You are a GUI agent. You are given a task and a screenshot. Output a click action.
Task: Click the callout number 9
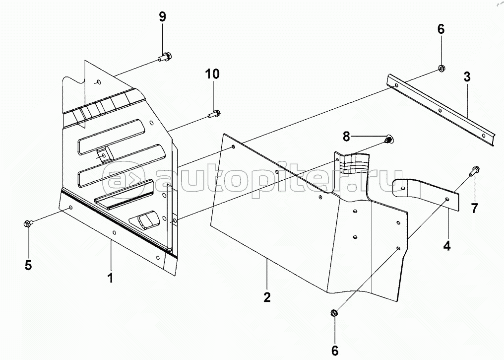pos(163,16)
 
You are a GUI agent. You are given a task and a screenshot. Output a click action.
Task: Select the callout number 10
pos(212,74)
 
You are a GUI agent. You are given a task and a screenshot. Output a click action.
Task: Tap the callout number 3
pos(467,77)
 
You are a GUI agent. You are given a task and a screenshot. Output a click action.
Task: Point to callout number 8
pos(346,137)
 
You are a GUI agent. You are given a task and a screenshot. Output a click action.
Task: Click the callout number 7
pos(474,208)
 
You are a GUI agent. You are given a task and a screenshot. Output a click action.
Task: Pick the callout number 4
pos(447,246)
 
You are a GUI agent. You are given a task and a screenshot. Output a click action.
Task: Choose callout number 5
pos(28,265)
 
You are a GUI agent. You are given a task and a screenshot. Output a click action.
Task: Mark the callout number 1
pos(110,278)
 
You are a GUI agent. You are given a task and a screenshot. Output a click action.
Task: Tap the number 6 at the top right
pos(441,29)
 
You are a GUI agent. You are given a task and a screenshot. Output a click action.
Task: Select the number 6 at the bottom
pos(335,350)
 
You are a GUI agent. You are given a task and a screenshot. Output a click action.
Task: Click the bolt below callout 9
pos(165,57)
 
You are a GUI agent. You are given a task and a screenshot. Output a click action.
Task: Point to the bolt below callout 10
pos(214,114)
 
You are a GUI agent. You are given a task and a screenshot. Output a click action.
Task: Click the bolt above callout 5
pos(27,223)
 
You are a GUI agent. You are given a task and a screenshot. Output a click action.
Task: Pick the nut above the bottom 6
pos(334,312)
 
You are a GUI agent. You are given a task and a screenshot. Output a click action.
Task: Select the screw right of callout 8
pos(389,140)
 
